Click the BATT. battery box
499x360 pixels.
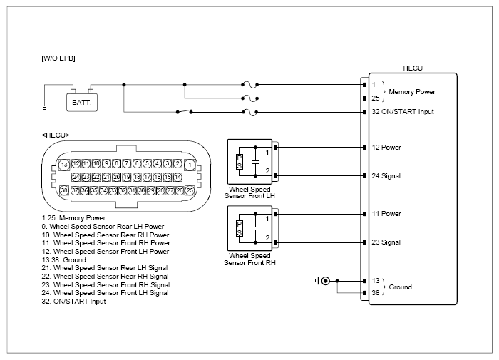pos(82,103)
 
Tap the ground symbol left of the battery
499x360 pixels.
pos(44,108)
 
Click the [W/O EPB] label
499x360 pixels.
pos(58,58)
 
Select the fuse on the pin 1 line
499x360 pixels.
pos(249,85)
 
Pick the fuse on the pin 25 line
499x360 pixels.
pos(249,98)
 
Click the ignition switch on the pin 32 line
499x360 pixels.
pos(184,112)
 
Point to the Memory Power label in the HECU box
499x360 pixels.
pos(412,92)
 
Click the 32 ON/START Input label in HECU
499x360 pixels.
pos(403,112)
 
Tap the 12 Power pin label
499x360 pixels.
pos(386,148)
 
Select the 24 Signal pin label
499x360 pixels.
pos(386,175)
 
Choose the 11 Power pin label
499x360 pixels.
pos(386,214)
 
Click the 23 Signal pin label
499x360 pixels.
pos(386,242)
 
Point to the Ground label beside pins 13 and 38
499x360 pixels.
pos(401,287)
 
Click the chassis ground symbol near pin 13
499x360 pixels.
pos(322,281)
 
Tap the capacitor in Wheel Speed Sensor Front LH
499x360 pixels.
pos(255,162)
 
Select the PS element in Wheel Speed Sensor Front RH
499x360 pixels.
pos(240,229)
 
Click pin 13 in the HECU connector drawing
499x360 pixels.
pos(64,165)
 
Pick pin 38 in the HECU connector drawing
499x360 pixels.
pos(64,190)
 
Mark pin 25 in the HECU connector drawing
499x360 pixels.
pos(190,190)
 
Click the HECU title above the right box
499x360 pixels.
pos(413,68)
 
